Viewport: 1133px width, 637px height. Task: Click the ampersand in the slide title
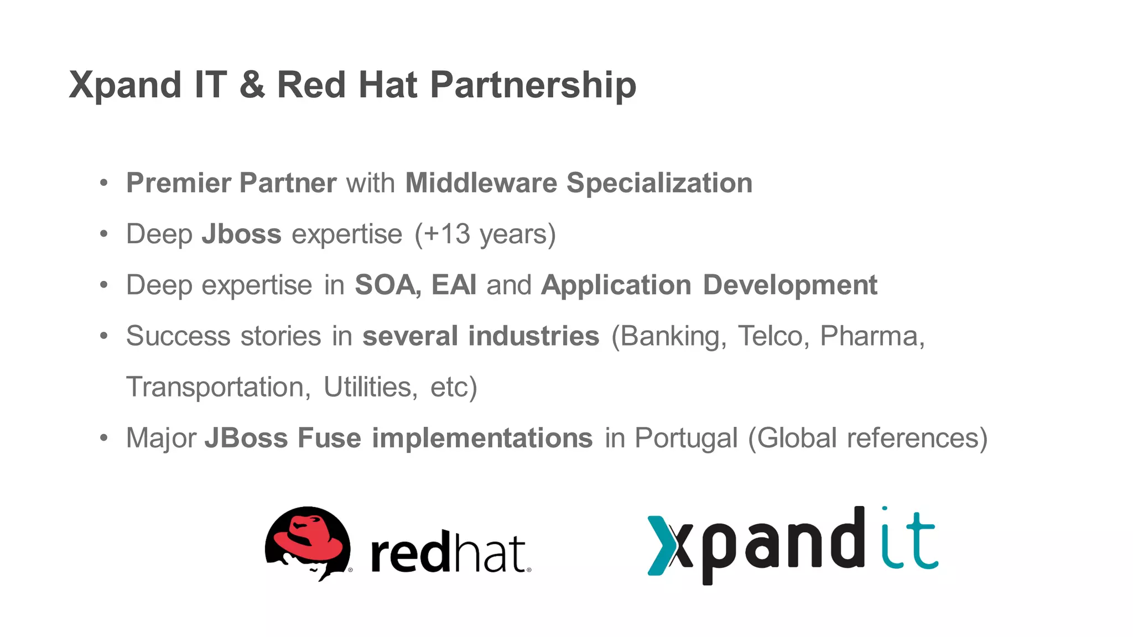tap(252, 85)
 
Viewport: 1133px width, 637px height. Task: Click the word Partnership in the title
tap(533, 85)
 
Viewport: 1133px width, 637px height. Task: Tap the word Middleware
tap(481, 183)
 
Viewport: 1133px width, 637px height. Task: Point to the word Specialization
tap(659, 183)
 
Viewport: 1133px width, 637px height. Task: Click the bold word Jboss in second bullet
tap(241, 234)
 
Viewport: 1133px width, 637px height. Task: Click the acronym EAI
tap(454, 285)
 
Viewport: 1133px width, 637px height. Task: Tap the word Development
tap(790, 285)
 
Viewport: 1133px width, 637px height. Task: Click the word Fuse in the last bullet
tap(329, 438)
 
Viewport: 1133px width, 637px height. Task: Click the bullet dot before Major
tap(104, 438)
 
